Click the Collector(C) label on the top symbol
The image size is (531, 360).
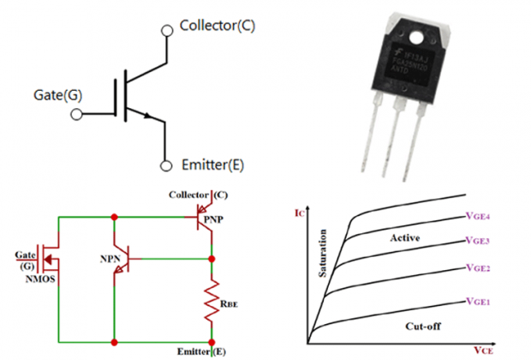pos(217,26)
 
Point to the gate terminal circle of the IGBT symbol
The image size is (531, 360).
pos(77,112)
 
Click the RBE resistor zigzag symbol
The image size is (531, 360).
pos(211,303)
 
